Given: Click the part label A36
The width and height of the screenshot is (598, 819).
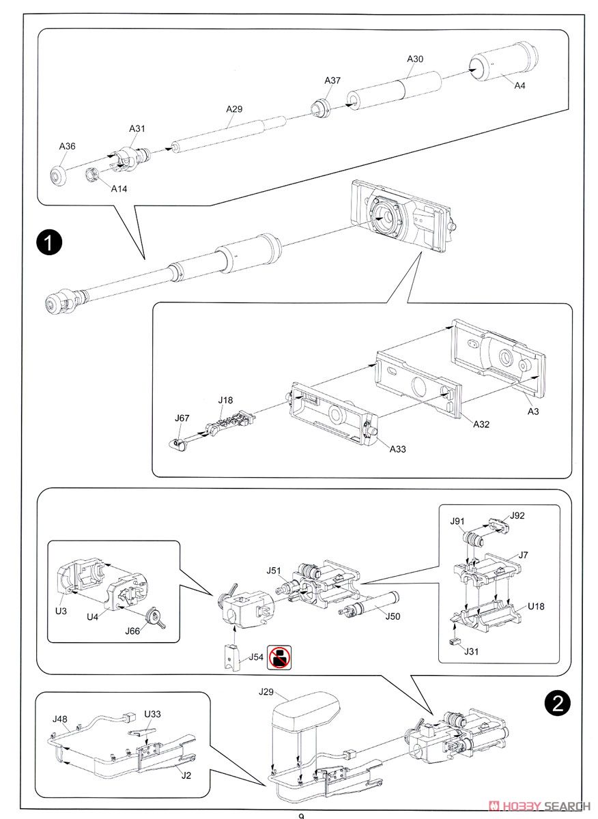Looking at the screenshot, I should coord(68,147).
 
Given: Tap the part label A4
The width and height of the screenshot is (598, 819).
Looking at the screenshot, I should coord(520,85).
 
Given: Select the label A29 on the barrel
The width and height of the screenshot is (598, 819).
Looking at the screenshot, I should coord(234,109).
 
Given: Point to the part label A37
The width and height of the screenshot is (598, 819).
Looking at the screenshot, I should coord(332,81).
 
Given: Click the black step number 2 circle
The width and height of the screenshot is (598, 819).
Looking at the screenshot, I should coord(558,702).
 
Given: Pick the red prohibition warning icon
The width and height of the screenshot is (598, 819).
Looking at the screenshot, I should coord(279,657).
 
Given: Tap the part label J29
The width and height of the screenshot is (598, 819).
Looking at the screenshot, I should coord(266,692).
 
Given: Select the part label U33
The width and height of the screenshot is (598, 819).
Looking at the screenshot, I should coord(152,714).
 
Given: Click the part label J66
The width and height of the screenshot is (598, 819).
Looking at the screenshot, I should coord(132,631).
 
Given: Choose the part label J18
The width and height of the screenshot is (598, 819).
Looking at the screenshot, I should coord(226,400).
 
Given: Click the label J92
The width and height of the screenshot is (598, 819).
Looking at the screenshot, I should coord(517,516).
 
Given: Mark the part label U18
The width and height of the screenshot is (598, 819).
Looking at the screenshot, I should coord(535,606).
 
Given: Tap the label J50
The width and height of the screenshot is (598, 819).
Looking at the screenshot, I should coord(393,616).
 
